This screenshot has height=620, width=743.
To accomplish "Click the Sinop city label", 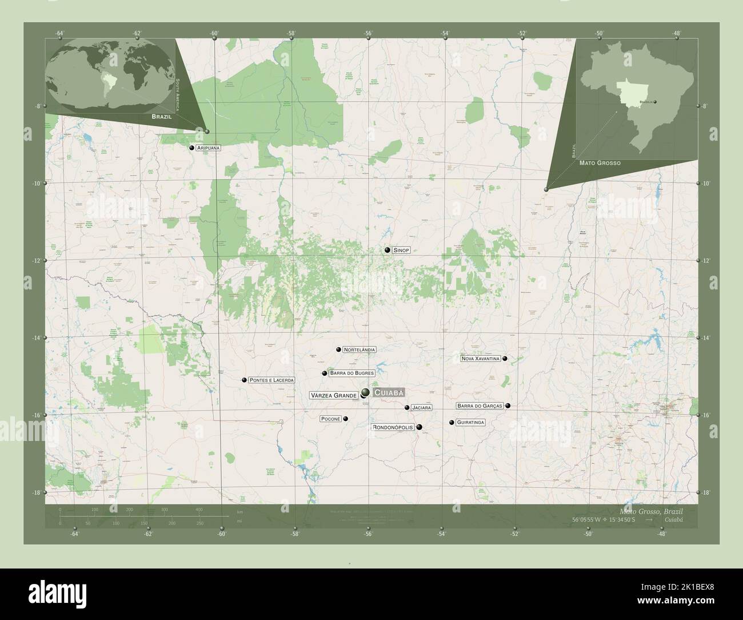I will click(x=401, y=251).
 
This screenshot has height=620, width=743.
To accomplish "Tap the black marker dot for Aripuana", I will click(x=193, y=148).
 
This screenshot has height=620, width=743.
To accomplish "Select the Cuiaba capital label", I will click(x=389, y=392).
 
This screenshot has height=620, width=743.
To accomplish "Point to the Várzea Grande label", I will click(x=334, y=395).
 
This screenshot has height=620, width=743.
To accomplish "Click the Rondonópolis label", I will click(x=393, y=427).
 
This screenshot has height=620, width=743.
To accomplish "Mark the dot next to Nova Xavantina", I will click(x=505, y=359).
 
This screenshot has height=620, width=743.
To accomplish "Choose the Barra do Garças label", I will click(x=479, y=406).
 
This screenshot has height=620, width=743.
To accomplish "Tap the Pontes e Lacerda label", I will click(x=271, y=380).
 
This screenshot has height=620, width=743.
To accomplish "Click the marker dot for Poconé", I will click(x=346, y=419).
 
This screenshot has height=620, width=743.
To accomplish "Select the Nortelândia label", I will click(x=359, y=349).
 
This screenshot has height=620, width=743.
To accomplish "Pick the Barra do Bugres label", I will click(x=351, y=373).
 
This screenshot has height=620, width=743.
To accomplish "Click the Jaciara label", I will click(x=421, y=408).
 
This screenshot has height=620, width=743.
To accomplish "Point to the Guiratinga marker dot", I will click(x=452, y=423).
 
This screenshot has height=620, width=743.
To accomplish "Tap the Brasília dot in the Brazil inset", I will click(x=656, y=102).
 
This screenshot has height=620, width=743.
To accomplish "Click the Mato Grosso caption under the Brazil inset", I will click(x=600, y=163).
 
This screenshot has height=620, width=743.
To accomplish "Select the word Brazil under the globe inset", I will click(x=161, y=116).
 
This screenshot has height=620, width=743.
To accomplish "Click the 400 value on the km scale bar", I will click(x=199, y=509).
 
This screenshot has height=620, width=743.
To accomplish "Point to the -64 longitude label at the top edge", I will click(x=59, y=33).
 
